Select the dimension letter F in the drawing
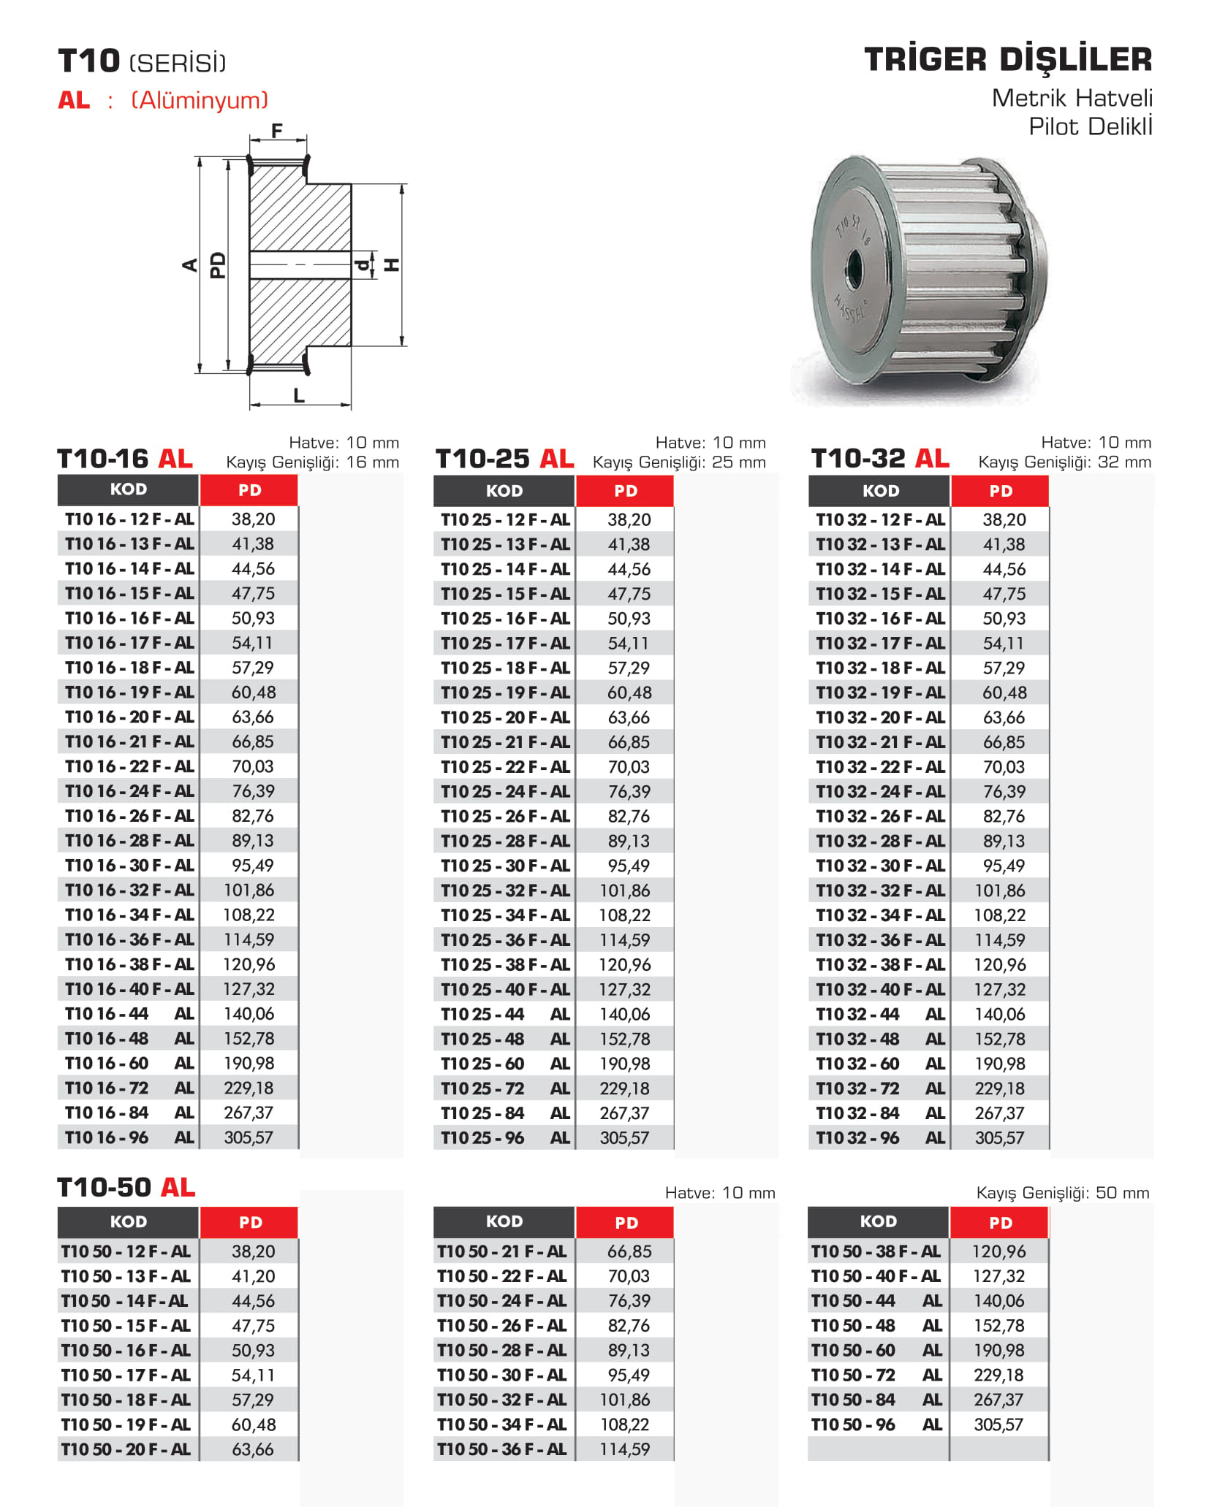coord(277,131)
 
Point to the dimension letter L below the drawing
coord(299,396)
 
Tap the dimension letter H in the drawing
coord(393,264)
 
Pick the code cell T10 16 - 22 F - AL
coord(129,766)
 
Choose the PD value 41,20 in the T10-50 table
coord(253,1276)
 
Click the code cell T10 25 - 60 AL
coord(504,1064)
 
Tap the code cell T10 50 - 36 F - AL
coord(501,1449)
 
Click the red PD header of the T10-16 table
coord(249,490)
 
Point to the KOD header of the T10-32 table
coord(880,491)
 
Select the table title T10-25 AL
coord(504,459)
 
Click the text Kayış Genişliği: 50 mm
coord(1062,1193)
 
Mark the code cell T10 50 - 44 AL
coord(876,1301)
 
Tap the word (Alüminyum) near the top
coord(200,100)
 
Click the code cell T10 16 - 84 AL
coord(129,1113)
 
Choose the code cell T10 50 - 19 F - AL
coord(126,1424)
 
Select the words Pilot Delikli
coord(1090,126)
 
